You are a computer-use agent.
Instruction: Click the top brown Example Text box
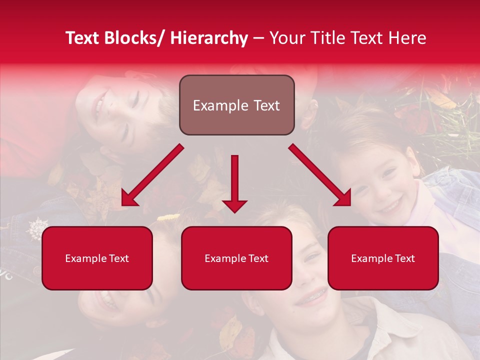click(236, 105)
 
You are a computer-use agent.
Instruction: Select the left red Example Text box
click(97, 258)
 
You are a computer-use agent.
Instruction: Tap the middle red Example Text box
click(236, 258)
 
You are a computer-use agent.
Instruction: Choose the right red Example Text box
click(383, 258)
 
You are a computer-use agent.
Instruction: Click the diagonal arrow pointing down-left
click(152, 175)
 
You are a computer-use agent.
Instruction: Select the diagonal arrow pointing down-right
click(320, 175)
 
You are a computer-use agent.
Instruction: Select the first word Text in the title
click(83, 38)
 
